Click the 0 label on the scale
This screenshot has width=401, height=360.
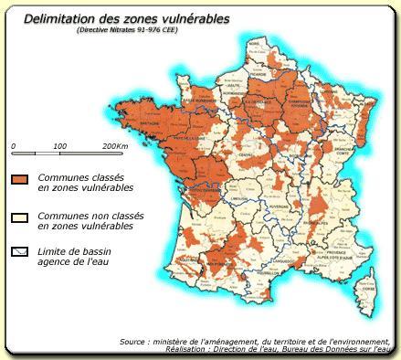[13, 146]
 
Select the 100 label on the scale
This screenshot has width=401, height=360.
[60, 146]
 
